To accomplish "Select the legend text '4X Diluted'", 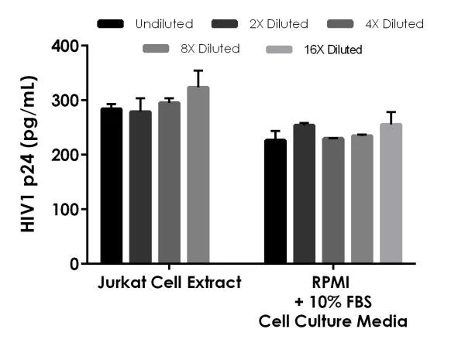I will pyautogui.click(x=395, y=24).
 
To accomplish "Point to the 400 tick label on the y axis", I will pyautogui.click(x=67, y=46).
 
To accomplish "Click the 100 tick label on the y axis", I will pyautogui.click(x=67, y=209).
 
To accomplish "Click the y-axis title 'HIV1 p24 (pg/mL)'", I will pyautogui.click(x=29, y=154).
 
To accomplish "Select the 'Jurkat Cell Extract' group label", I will pyautogui.click(x=170, y=283).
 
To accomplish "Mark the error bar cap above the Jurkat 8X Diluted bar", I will pyautogui.click(x=198, y=70).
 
